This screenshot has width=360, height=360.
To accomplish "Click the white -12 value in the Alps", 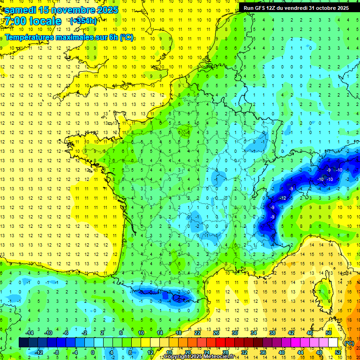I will (x=283, y=198).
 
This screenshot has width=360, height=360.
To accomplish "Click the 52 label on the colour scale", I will (x=337, y=352).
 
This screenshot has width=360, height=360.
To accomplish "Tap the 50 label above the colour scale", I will (x=329, y=333).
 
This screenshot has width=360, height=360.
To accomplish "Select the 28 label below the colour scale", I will (x=225, y=352).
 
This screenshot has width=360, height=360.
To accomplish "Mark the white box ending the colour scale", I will (x=333, y=343).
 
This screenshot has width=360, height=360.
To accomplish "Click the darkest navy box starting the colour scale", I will (x=23, y=343).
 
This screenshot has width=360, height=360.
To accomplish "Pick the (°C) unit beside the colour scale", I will (x=349, y=343).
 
